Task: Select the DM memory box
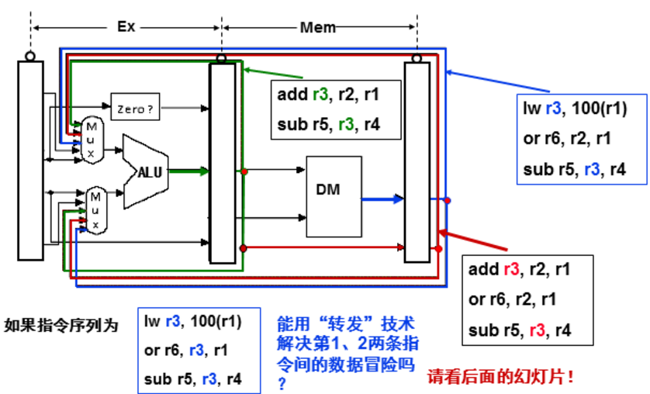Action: [x=334, y=194]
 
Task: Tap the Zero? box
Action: [x=136, y=109]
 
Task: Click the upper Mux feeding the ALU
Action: [x=92, y=140]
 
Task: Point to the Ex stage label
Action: [x=126, y=26]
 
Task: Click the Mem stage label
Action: [x=318, y=28]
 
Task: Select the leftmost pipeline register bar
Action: [x=30, y=160]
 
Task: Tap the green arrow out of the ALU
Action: [x=190, y=171]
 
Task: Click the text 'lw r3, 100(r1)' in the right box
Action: [x=573, y=109]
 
